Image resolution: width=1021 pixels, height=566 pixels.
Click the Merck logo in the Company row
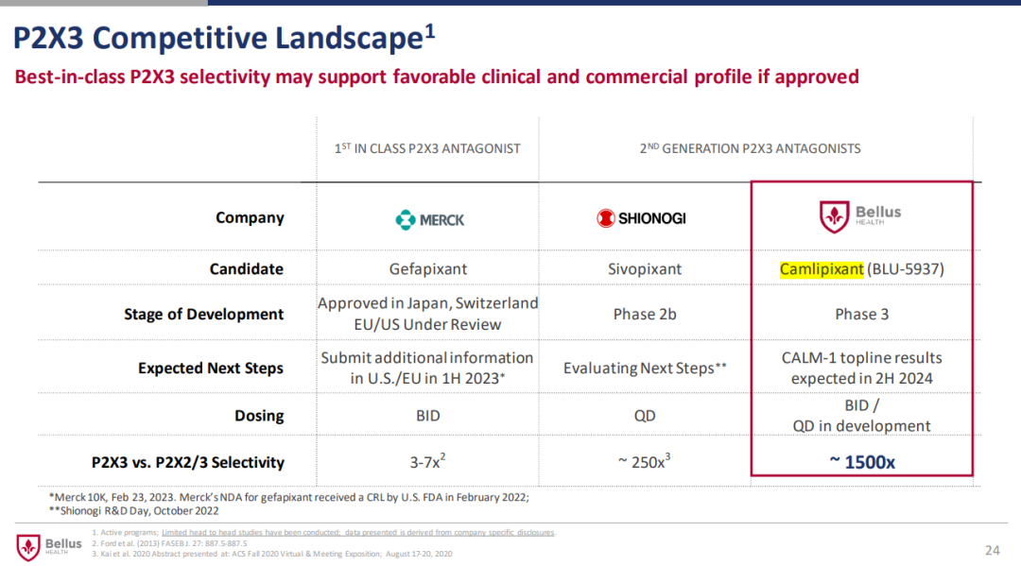[429, 219]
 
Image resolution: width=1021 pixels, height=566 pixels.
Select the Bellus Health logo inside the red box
[860, 216]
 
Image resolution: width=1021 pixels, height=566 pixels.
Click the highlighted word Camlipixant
[822, 269]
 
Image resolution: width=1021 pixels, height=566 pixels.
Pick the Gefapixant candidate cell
[428, 269]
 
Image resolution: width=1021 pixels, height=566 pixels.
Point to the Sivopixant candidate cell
[645, 269]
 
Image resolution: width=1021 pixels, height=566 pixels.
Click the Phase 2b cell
[645, 314]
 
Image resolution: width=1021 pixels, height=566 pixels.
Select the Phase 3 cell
[861, 314]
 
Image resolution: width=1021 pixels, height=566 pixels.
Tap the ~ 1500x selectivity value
[861, 462]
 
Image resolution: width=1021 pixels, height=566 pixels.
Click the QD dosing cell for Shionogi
[645, 416]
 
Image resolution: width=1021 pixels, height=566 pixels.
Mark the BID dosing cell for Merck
[428, 416]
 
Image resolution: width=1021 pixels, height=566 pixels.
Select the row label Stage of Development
[203, 315]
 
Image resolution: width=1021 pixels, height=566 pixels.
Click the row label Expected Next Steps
[210, 368]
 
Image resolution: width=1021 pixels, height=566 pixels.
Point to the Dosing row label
[258, 416]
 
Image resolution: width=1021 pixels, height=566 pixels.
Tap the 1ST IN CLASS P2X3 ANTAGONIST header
[427, 148]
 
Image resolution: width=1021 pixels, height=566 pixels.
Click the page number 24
[992, 550]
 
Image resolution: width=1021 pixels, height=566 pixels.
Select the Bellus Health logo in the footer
[49, 546]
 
